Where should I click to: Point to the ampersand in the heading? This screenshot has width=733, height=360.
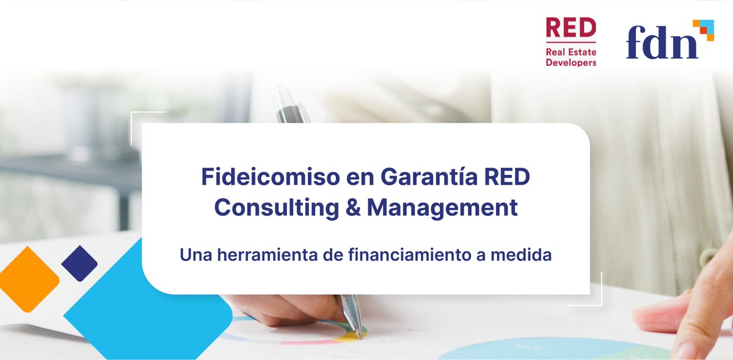(351, 208)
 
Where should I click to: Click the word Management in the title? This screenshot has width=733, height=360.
(442, 208)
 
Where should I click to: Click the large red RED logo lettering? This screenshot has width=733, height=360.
(571, 28)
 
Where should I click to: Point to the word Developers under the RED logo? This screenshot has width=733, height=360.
(571, 62)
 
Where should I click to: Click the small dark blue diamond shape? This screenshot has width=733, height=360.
(79, 263)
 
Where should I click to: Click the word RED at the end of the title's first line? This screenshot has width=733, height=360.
(506, 178)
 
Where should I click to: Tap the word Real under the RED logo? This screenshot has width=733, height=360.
(556, 53)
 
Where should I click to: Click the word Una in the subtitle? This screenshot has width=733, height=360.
(195, 255)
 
